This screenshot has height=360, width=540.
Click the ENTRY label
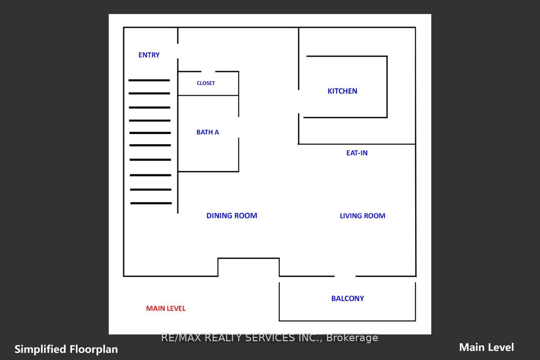tap(149, 55)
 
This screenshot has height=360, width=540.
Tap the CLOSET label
tap(206, 83)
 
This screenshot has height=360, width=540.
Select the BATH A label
tap(208, 132)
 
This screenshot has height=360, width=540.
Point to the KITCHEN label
tap(342, 91)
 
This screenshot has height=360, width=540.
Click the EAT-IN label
tap(357, 153)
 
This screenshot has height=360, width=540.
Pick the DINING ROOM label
tap(232, 215)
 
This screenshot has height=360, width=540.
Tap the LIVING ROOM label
tap(362, 216)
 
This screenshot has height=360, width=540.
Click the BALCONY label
tap(348, 299)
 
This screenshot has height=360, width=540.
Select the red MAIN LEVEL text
tap(166, 308)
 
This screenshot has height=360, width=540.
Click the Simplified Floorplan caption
tap(66, 349)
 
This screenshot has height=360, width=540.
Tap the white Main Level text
tap(486, 347)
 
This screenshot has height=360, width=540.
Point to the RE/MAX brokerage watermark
tap(270, 337)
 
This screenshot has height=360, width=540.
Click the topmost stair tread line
tap(149, 80)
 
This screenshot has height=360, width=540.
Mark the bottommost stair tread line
tap(151, 203)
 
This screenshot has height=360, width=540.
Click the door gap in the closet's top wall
tap(208, 72)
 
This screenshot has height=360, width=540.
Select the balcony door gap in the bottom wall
tap(345, 276)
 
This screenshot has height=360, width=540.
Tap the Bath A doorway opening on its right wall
tap(239, 127)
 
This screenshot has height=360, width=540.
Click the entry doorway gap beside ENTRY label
tap(178, 51)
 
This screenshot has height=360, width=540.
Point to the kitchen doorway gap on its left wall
tap(299, 102)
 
